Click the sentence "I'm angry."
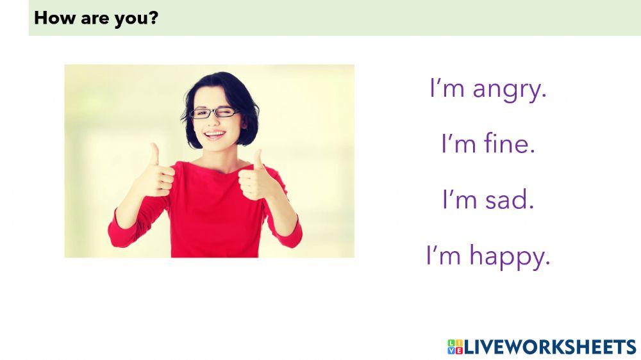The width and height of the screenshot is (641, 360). pyautogui.click(x=488, y=89)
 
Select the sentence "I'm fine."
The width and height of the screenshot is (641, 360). pyautogui.click(x=488, y=144)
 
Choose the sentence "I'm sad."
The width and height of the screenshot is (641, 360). pyautogui.click(x=488, y=200)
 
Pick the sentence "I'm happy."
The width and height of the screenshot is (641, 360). pyautogui.click(x=488, y=256)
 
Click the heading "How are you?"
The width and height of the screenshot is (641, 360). pyautogui.click(x=96, y=18)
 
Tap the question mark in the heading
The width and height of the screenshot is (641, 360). pyautogui.click(x=154, y=18)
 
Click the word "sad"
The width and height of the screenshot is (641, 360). pyautogui.click(x=509, y=200)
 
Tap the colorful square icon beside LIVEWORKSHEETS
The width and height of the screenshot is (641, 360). pyautogui.click(x=454, y=347)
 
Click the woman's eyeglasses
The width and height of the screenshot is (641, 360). pyautogui.click(x=215, y=113)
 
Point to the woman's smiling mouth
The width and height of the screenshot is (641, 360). pyautogui.click(x=215, y=135)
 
